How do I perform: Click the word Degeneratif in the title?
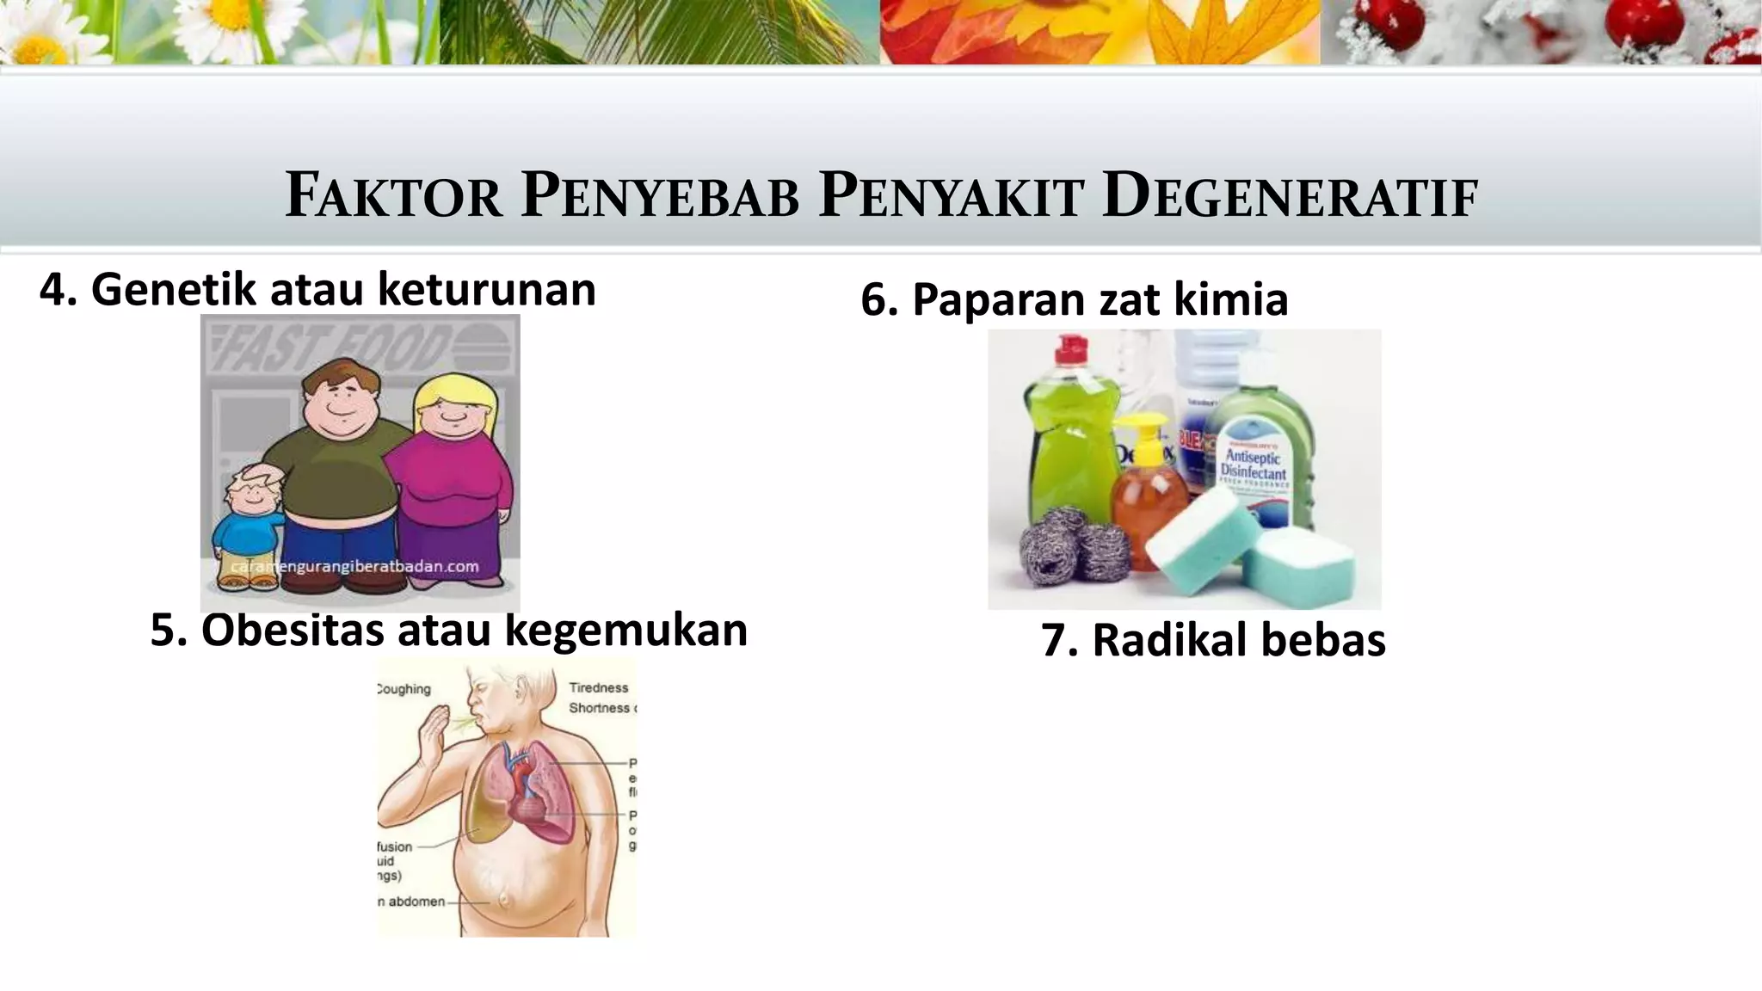coord(1290,196)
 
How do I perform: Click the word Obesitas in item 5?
coord(292,630)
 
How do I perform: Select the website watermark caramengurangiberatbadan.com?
coord(354,566)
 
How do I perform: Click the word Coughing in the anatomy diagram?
coord(404,689)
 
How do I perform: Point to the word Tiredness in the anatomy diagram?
coord(599,687)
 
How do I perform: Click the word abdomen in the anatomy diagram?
coord(416,902)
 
